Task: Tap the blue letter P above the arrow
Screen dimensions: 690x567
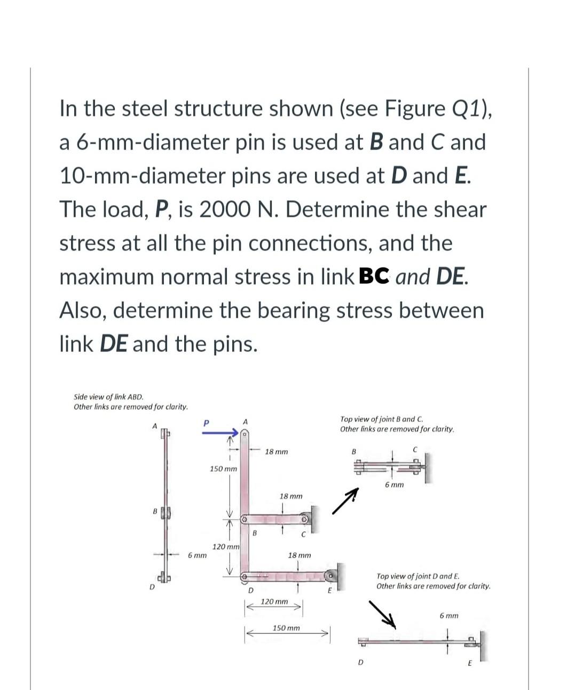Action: (x=205, y=422)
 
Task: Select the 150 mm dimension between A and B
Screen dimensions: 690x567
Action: (x=223, y=469)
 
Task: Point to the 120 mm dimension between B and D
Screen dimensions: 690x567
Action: (x=226, y=547)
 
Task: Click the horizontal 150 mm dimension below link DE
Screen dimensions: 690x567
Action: (x=286, y=628)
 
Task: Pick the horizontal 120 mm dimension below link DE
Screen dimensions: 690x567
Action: (x=274, y=602)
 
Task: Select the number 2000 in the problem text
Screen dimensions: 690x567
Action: (x=224, y=209)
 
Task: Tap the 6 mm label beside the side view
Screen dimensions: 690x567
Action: (x=197, y=555)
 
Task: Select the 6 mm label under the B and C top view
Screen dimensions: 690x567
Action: (x=394, y=485)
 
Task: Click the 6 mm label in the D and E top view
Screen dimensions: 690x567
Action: (x=449, y=616)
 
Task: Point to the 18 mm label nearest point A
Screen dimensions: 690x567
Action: (x=276, y=452)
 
